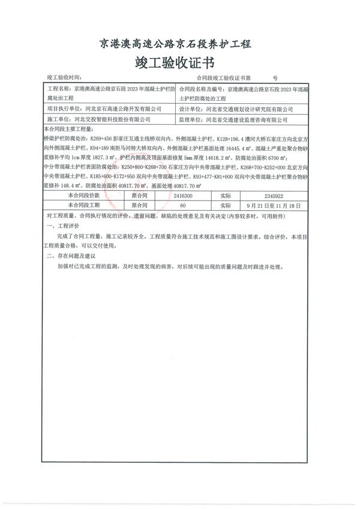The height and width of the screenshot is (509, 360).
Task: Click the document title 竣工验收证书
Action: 175,62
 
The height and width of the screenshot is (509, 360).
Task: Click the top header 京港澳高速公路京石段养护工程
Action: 175,44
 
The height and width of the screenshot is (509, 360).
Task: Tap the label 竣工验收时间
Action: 63,78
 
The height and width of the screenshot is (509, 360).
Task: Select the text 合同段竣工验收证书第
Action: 224,78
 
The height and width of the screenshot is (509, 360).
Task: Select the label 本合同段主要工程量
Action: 68,129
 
